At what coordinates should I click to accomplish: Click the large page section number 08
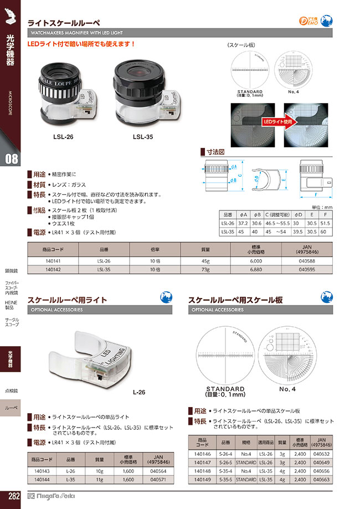(x=11, y=159)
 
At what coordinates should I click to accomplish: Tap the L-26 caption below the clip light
(x=139, y=392)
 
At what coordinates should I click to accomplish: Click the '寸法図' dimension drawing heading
(x=213, y=151)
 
